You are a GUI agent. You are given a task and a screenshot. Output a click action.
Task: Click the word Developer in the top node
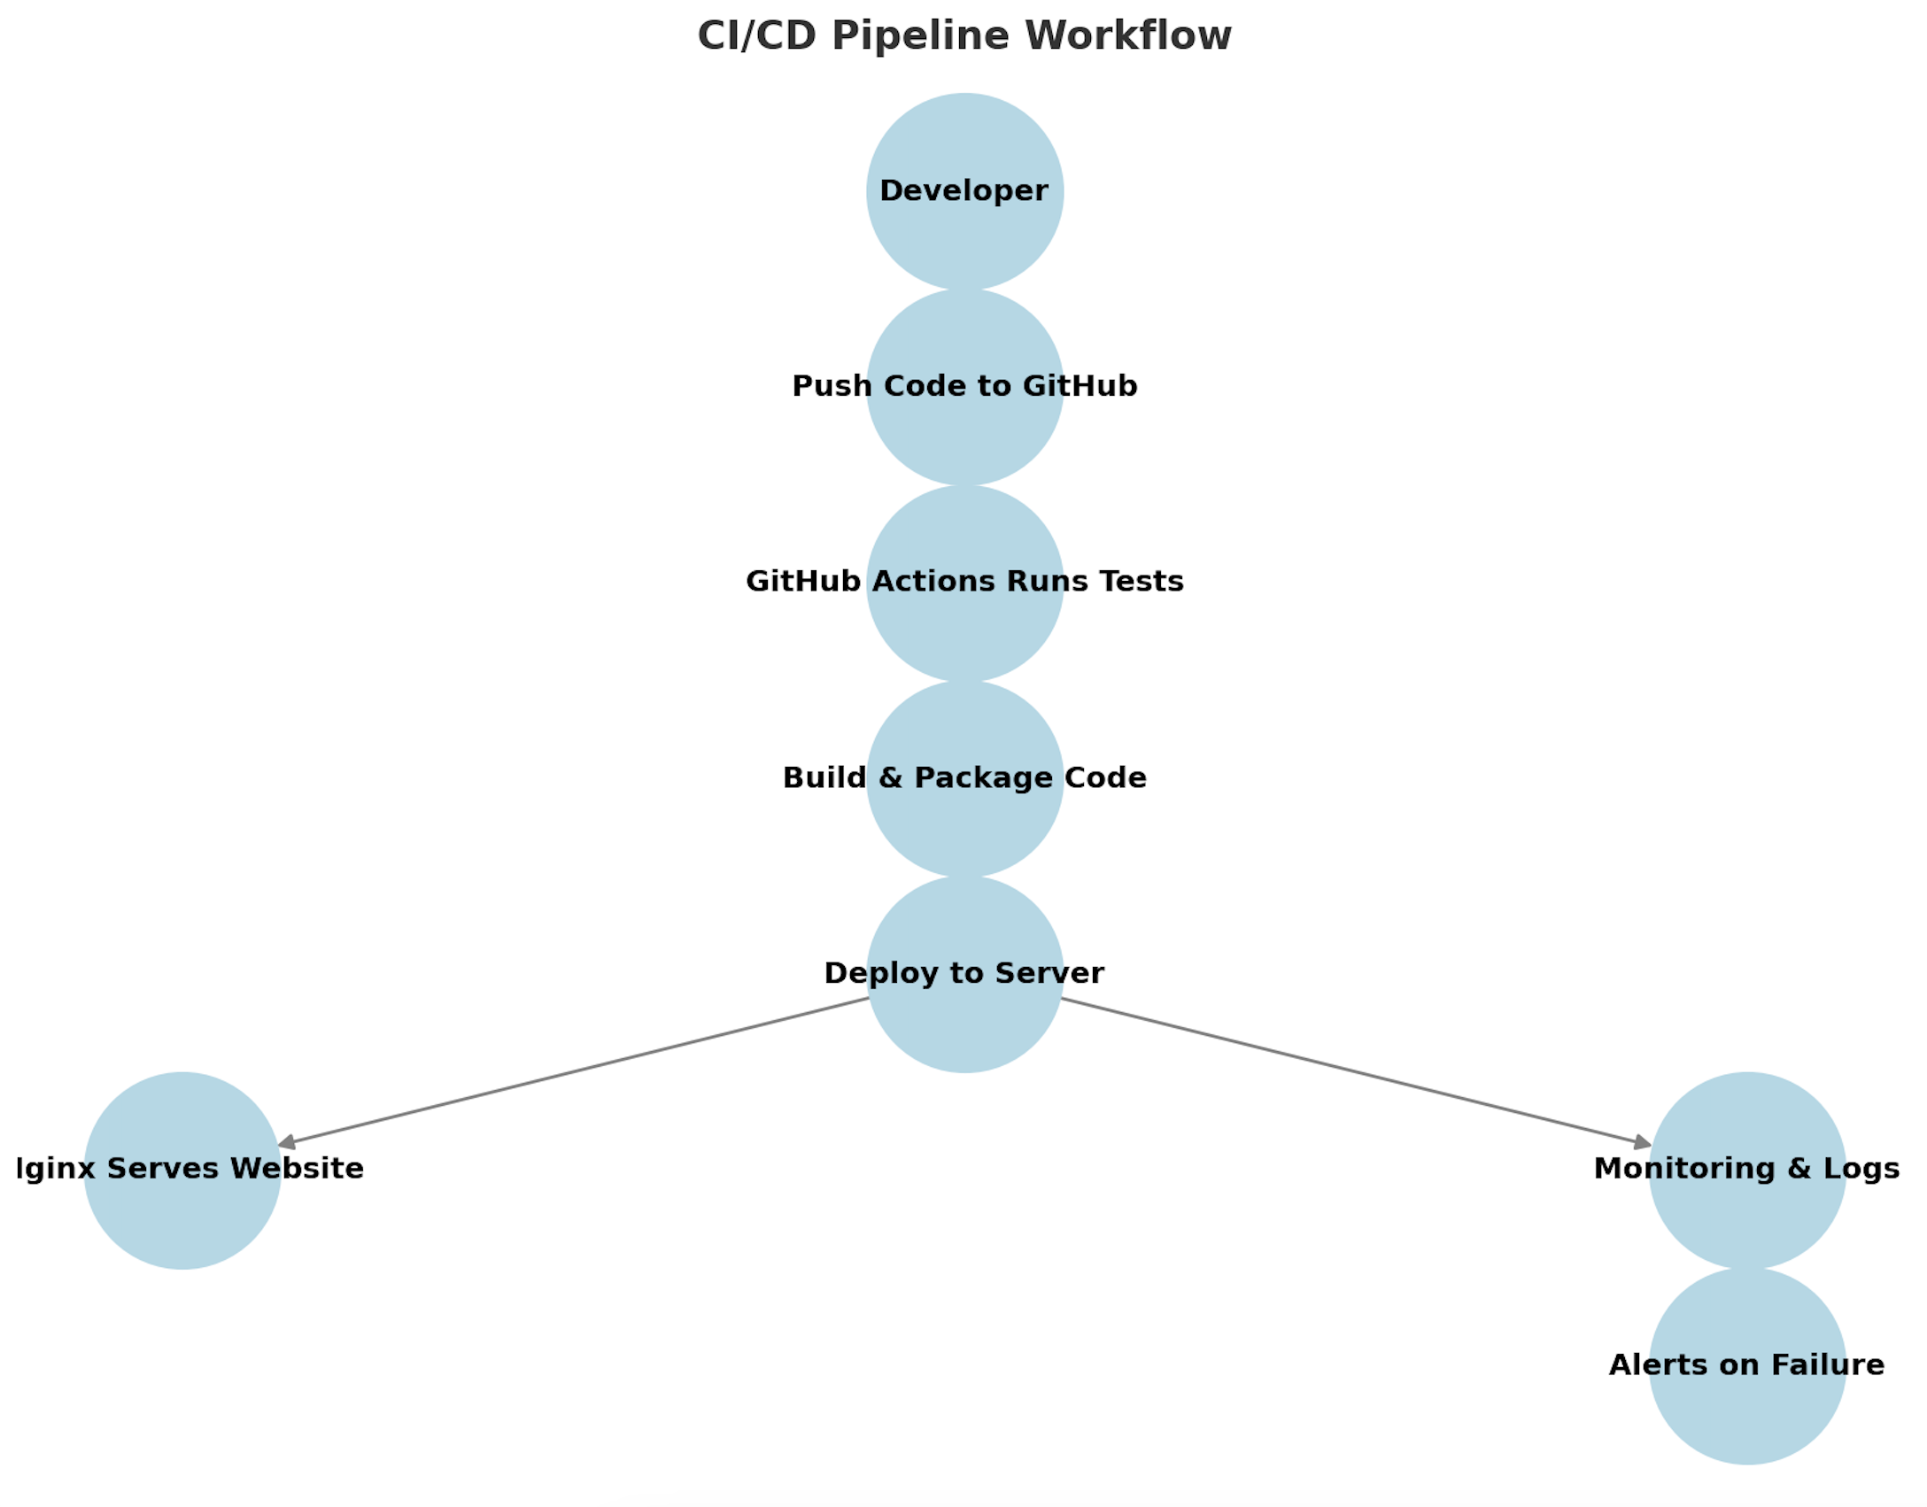(963, 190)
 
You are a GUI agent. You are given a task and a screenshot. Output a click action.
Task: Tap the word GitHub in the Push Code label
(1080, 386)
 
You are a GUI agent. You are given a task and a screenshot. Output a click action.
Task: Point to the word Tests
(1141, 582)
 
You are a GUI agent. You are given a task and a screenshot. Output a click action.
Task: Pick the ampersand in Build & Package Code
(890, 777)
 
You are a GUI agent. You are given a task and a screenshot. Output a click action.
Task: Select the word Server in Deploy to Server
(1049, 973)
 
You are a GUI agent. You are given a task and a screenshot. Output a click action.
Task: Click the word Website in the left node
(297, 1169)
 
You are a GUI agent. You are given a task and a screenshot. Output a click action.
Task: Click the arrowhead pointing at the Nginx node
(286, 1145)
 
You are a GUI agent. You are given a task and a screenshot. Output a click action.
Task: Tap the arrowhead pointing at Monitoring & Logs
(1643, 1145)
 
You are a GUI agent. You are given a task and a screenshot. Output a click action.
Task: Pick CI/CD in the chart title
(756, 36)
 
